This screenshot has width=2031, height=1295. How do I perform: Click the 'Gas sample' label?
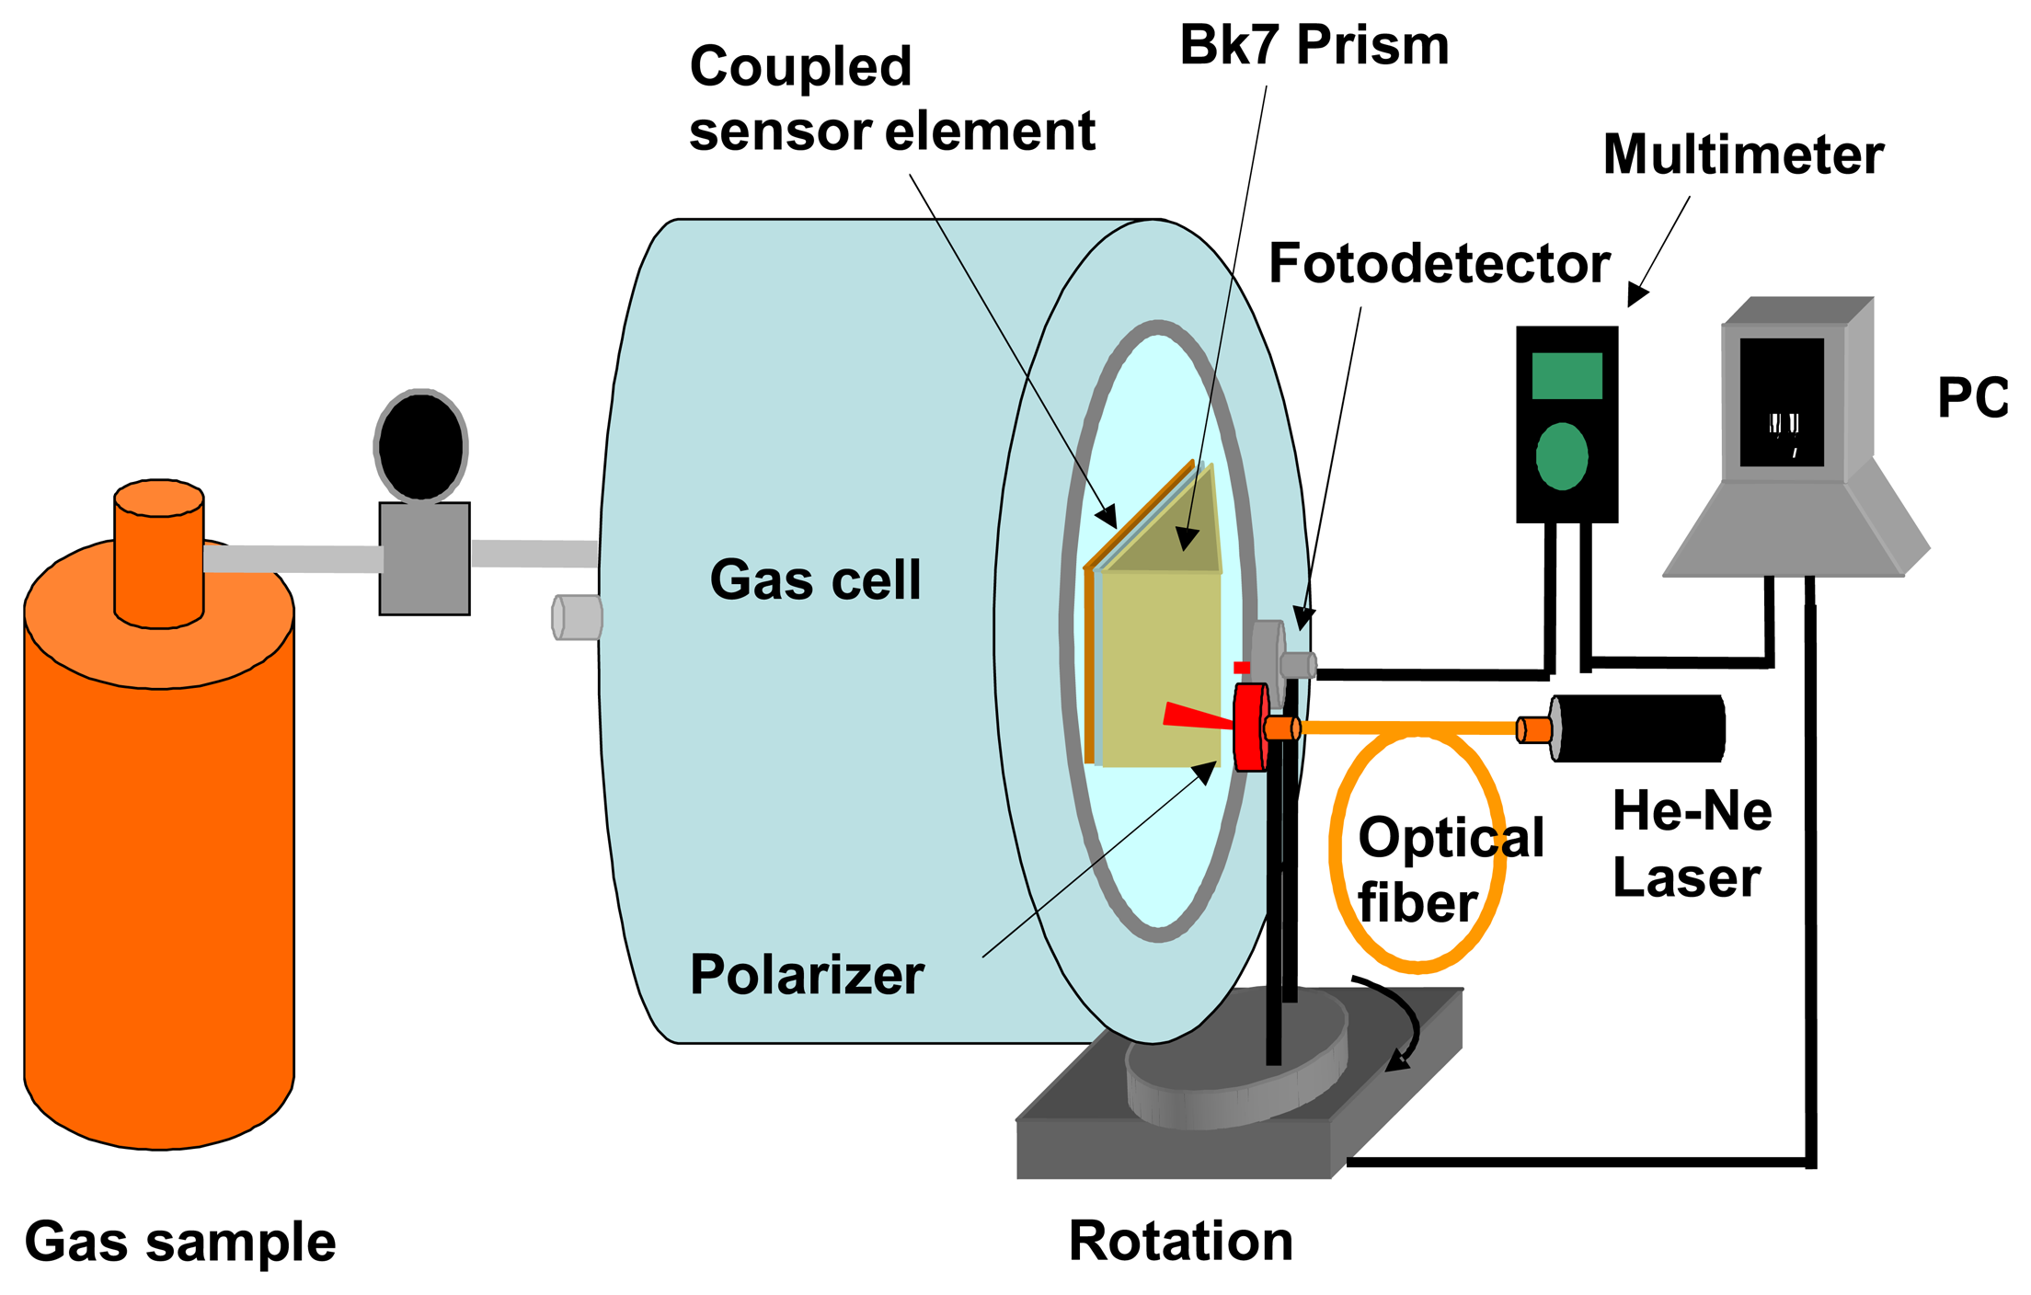180,1242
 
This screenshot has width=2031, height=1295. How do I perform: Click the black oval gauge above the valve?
421,446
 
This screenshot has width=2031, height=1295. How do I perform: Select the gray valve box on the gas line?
425,558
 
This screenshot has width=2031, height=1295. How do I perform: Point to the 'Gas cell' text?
815,579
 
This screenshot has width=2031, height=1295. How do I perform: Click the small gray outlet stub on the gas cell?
577,617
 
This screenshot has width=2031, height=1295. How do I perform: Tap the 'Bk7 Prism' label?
1314,46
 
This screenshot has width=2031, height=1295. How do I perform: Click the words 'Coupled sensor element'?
890,99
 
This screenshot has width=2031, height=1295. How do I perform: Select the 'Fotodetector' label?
1439,264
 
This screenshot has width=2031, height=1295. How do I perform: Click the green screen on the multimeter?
1566,375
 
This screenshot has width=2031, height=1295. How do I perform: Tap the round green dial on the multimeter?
1562,456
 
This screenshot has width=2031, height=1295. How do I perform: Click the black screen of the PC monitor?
1782,402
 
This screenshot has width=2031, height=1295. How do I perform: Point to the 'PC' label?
1972,398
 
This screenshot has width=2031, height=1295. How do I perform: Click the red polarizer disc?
1250,728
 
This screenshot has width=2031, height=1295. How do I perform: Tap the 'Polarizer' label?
807,975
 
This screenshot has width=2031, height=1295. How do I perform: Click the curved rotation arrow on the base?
1398,1021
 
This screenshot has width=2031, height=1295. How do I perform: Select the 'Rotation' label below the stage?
1180,1242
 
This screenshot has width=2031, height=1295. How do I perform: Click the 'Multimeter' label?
1743,155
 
